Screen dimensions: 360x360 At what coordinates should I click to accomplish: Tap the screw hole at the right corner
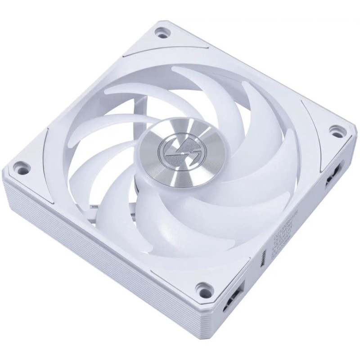coord(335,130)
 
